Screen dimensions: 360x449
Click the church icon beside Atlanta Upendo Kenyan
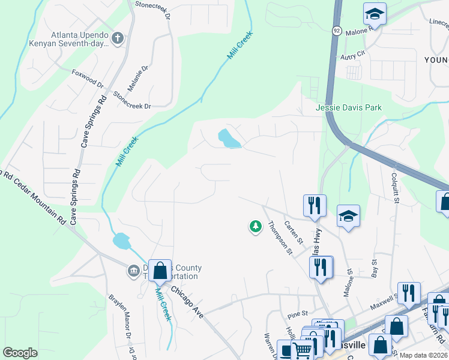[x=118, y=39]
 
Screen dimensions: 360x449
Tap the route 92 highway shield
[x=337, y=30]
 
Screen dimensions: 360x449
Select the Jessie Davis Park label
[x=349, y=108]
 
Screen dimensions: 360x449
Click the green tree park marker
[x=256, y=227]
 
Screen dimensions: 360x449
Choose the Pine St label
[x=297, y=313]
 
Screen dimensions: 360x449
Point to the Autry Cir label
[x=352, y=54]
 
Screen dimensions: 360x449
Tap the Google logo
[x=20, y=353]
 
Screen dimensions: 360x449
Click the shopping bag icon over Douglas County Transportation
[x=160, y=271]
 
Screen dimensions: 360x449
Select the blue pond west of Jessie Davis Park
[x=229, y=139]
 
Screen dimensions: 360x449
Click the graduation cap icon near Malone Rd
[x=375, y=14]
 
